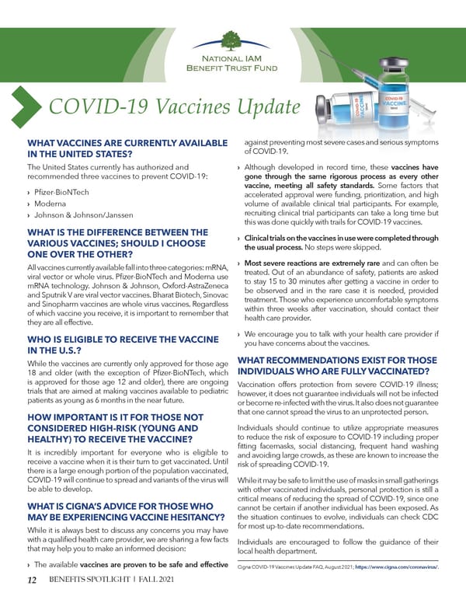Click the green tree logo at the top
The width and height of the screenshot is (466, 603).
coord(233,39)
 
